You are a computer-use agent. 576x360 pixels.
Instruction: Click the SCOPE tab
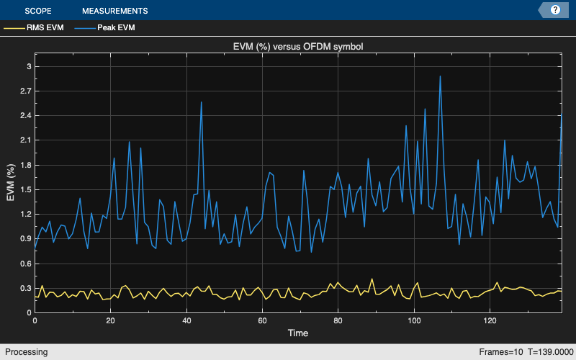point(38,11)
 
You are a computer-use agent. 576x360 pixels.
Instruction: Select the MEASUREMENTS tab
point(115,11)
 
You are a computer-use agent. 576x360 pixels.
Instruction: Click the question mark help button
point(555,10)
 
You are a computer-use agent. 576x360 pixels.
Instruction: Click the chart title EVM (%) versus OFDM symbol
point(298,47)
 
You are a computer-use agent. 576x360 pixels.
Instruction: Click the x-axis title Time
point(298,334)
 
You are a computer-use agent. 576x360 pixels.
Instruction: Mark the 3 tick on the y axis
point(28,66)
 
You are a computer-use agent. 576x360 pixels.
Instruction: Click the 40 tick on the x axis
point(186,321)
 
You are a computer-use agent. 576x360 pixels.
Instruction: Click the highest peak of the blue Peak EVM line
point(440,76)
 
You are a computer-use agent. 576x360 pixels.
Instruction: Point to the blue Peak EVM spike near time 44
point(201,102)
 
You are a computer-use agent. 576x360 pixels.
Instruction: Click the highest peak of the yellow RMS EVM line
point(372,279)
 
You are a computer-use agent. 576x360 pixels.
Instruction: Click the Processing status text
point(24,352)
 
